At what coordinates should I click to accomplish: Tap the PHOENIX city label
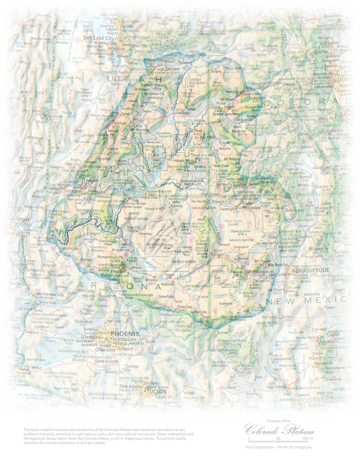click(125, 334)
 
